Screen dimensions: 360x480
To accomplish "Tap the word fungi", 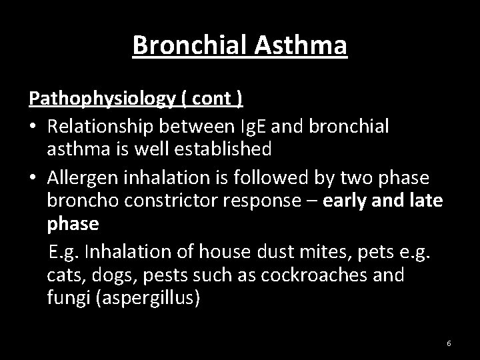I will pyautogui.click(x=65, y=297).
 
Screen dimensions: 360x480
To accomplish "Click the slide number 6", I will pyautogui.click(x=449, y=343).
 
